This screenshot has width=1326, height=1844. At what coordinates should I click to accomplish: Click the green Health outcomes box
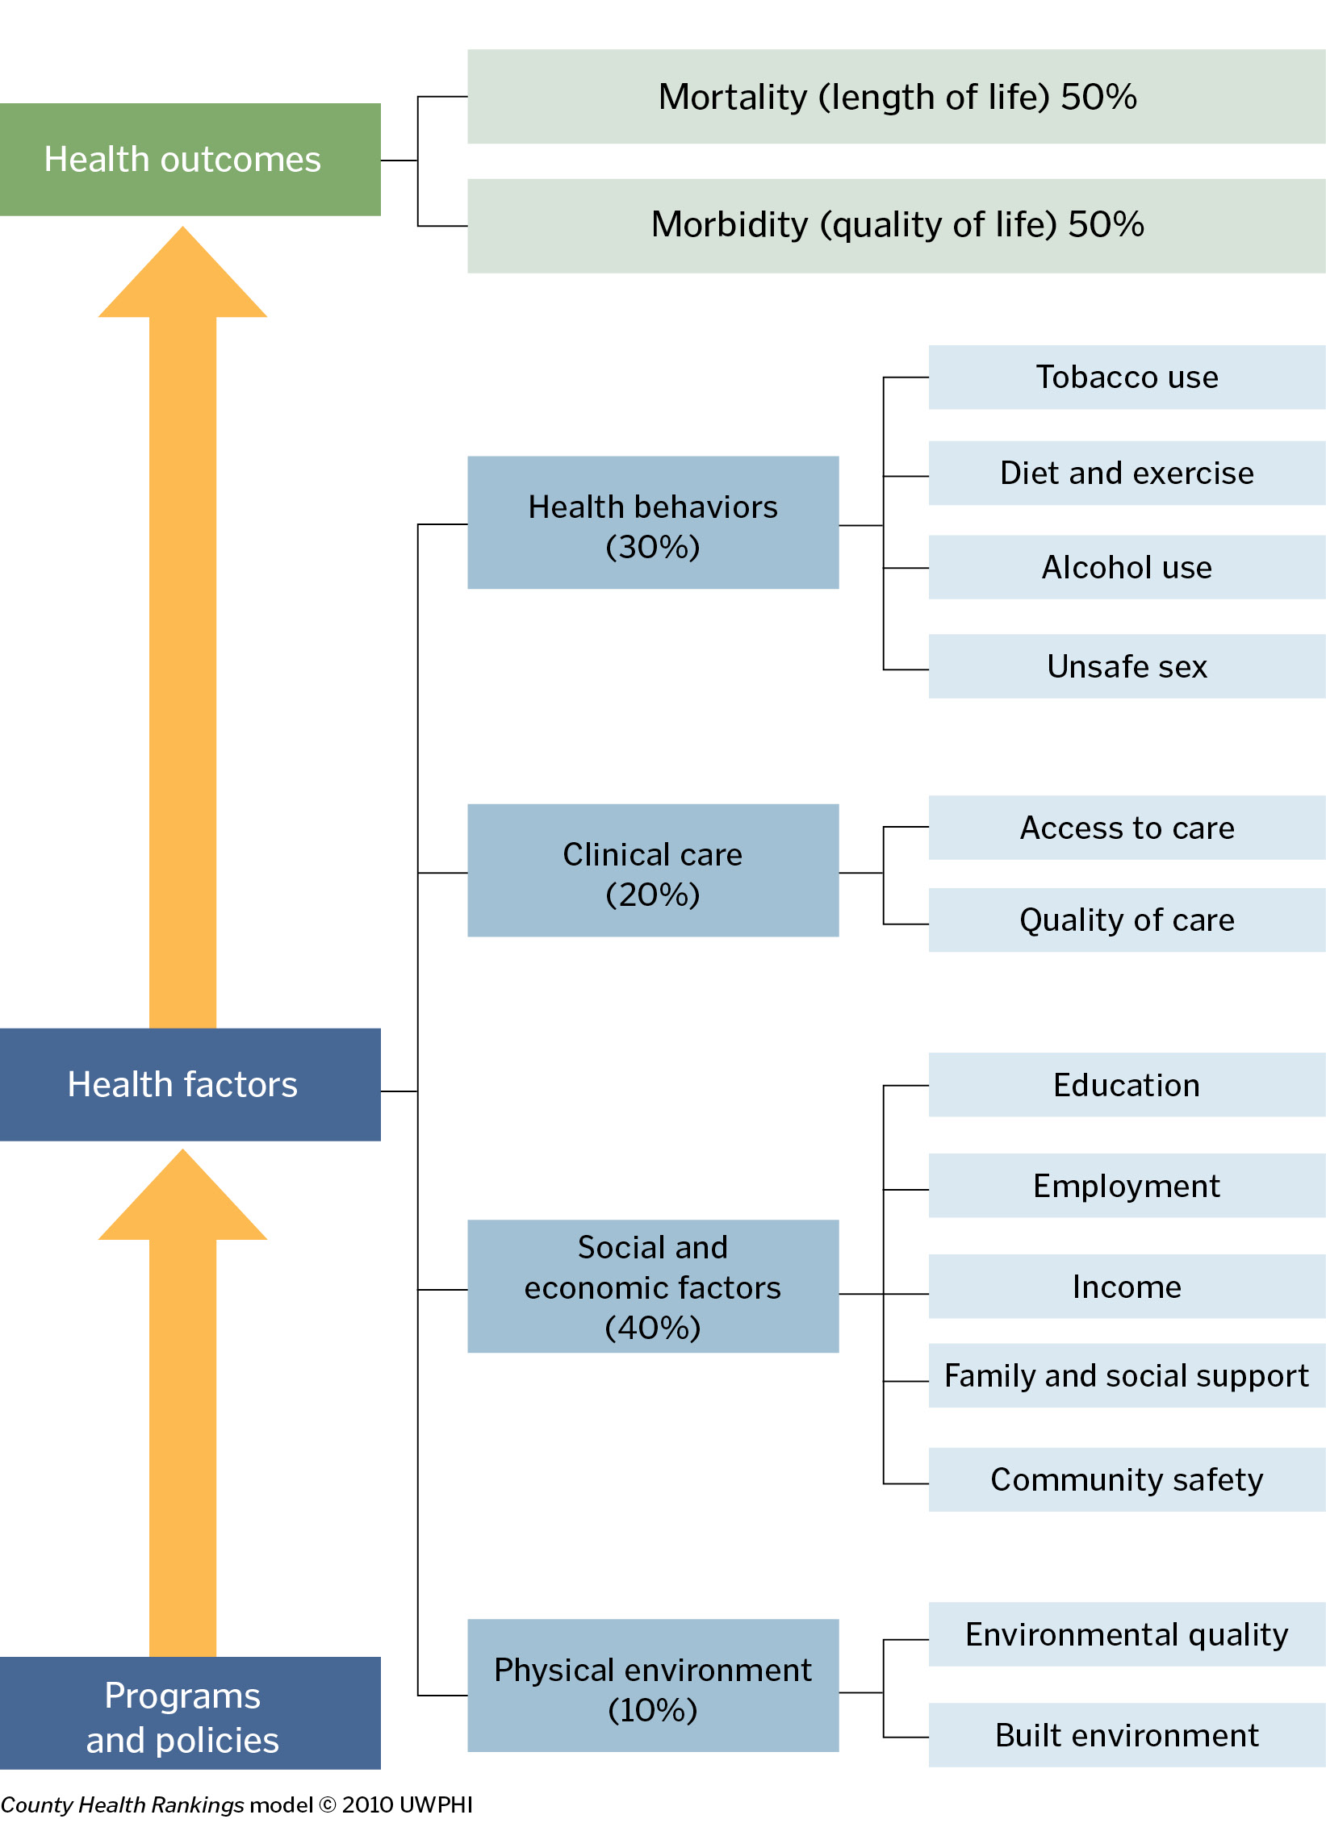(190, 160)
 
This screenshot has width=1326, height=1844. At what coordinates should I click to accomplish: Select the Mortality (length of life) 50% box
(896, 97)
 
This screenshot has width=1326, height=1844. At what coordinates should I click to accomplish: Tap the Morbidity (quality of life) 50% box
(896, 225)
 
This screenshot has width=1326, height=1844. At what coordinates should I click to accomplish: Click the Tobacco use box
(1126, 378)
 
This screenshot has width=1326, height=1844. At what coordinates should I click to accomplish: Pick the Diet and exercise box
(1126, 473)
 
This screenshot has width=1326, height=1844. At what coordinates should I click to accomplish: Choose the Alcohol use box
(1126, 567)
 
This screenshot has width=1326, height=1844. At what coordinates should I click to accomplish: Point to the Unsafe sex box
(1126, 666)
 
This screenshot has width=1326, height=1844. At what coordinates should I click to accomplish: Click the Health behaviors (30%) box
(652, 523)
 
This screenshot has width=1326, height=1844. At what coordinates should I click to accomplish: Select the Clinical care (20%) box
(652, 871)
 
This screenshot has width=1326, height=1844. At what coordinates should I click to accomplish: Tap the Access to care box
(1126, 828)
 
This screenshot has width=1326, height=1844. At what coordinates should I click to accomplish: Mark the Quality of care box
(1126, 920)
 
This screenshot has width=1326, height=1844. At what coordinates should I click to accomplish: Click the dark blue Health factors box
(190, 1084)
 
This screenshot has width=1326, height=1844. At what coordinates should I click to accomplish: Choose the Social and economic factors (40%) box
(652, 1287)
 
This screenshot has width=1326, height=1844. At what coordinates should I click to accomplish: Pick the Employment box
(1126, 1186)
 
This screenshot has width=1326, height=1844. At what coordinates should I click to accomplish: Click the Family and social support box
(1126, 1375)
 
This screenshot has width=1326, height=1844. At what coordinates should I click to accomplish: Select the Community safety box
(1126, 1479)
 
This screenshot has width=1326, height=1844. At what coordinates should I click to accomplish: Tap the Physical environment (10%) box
(652, 1685)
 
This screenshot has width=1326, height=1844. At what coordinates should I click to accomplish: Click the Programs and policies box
(190, 1713)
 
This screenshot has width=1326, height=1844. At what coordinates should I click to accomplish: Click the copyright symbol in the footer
(327, 1805)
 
